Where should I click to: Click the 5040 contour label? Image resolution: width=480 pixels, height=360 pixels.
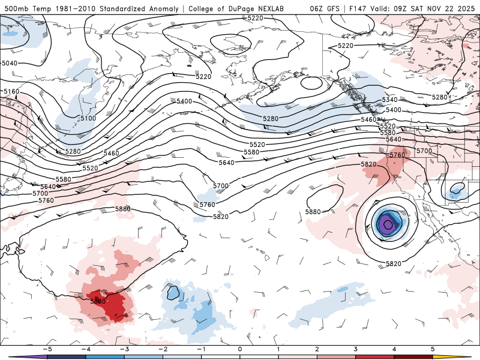tap(10, 63)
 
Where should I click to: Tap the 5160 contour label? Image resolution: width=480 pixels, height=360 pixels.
tap(11, 92)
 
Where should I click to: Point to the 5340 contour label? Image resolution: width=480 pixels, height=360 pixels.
tap(389, 100)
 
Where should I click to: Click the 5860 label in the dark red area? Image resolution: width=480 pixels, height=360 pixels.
tap(98, 301)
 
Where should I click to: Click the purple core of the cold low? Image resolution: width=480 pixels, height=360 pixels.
tap(388, 225)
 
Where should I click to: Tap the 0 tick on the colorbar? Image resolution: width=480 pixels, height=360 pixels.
tap(240, 349)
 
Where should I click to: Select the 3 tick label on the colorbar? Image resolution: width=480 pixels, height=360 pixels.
tap(356, 349)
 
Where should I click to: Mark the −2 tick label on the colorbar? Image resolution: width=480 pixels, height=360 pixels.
tap(161, 349)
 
